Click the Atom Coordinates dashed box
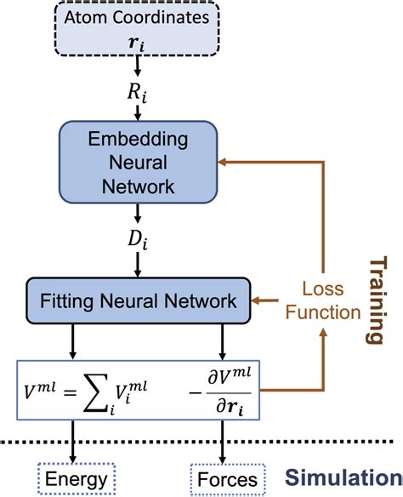pyautogui.click(x=137, y=29)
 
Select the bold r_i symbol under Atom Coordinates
pyautogui.click(x=137, y=43)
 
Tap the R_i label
pyautogui.click(x=137, y=94)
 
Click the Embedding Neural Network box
pyautogui.click(x=138, y=162)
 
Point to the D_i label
pyautogui.click(x=138, y=240)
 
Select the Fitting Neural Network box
pyautogui.click(x=139, y=300)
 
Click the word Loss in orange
pyautogui.click(x=323, y=288)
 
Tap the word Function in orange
pyautogui.click(x=323, y=312)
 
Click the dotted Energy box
pyautogui.click(x=77, y=478)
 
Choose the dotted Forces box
pyautogui.click(x=228, y=479)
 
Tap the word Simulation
pyautogui.click(x=343, y=477)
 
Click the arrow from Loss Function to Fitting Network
pyautogui.click(x=265, y=300)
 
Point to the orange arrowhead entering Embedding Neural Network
pyautogui.click(x=222, y=162)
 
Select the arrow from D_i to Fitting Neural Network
pyautogui.click(x=138, y=265)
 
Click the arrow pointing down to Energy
pyautogui.click(x=73, y=442)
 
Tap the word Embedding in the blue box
pyautogui.click(x=138, y=140)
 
